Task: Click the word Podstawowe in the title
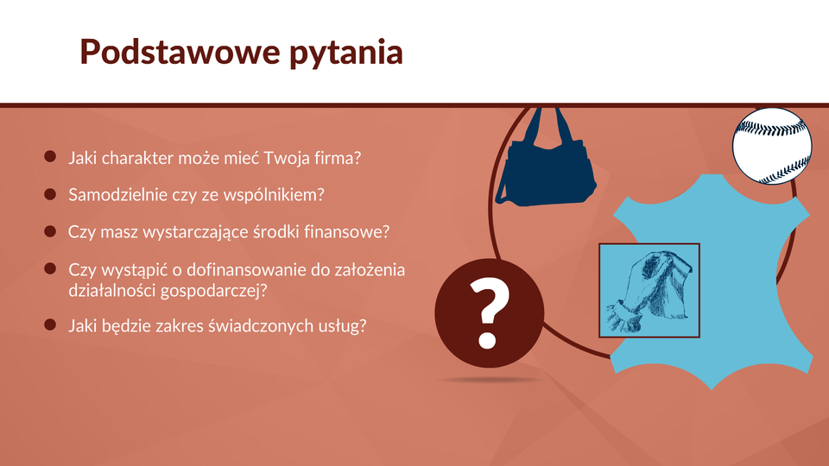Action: (180, 52)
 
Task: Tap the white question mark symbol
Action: (489, 314)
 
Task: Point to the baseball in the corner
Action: (772, 147)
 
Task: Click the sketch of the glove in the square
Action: (649, 290)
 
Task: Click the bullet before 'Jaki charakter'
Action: (50, 156)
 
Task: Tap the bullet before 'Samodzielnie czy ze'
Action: (50, 194)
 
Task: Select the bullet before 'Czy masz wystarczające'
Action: (50, 231)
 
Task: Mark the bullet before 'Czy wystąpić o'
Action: (50, 269)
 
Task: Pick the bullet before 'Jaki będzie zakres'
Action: (50, 324)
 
